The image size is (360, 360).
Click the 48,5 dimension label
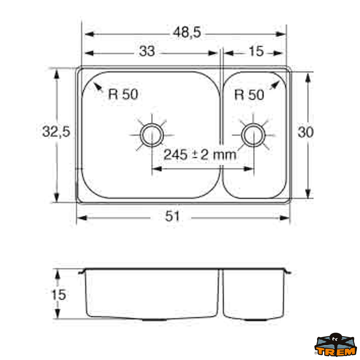point(187,33)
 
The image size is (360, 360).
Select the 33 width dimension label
point(147,52)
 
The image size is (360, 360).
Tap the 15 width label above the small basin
point(256,51)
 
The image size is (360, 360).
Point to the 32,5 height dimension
point(56,132)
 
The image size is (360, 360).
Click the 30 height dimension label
point(305,132)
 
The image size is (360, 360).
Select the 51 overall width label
point(172,216)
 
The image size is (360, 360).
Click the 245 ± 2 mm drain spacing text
point(200,155)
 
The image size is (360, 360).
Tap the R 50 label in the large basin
point(123,94)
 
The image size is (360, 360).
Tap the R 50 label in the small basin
point(249,95)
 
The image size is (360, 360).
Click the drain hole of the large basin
point(152,134)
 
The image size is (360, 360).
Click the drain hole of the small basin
point(253,134)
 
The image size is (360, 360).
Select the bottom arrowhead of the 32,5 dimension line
point(56,198)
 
